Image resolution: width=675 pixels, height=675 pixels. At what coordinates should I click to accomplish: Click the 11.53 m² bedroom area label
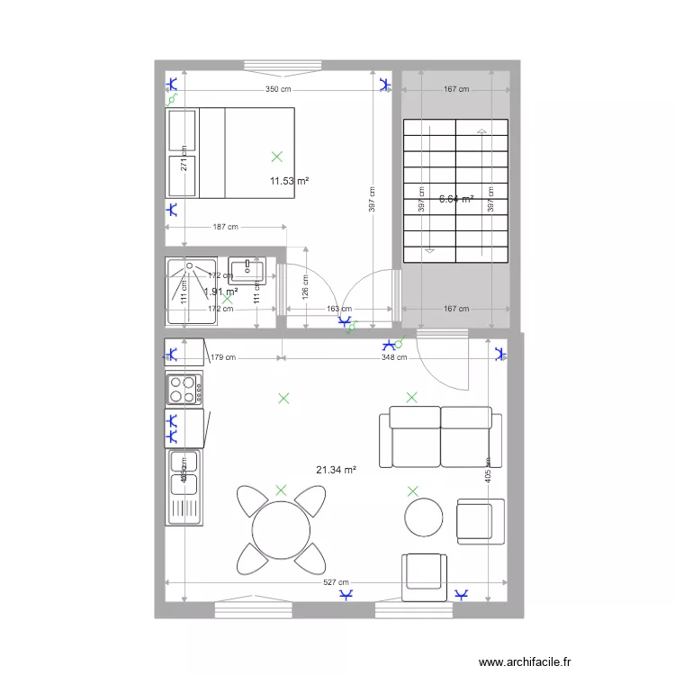[289, 181]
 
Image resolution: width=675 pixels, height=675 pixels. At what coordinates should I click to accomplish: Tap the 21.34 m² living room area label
[336, 470]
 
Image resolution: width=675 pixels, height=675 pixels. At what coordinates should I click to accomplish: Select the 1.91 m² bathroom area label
[220, 292]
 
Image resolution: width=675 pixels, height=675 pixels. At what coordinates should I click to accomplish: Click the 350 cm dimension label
[278, 89]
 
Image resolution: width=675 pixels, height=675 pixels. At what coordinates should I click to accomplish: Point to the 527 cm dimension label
[337, 583]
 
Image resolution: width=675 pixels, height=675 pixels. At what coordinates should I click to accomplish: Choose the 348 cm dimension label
[394, 357]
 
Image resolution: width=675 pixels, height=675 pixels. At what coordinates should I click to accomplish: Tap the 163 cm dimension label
[338, 309]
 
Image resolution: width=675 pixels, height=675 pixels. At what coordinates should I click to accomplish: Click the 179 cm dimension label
[224, 357]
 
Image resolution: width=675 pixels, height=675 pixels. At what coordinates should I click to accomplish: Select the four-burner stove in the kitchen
[184, 389]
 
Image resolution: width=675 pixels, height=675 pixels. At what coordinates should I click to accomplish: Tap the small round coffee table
[423, 517]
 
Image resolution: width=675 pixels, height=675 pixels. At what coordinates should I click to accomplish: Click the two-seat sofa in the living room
[440, 436]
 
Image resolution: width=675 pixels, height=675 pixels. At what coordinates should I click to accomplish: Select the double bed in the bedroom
[230, 152]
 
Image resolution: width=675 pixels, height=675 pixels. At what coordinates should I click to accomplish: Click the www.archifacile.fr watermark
[525, 661]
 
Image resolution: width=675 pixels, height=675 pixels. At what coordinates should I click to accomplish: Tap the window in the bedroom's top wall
[276, 65]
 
